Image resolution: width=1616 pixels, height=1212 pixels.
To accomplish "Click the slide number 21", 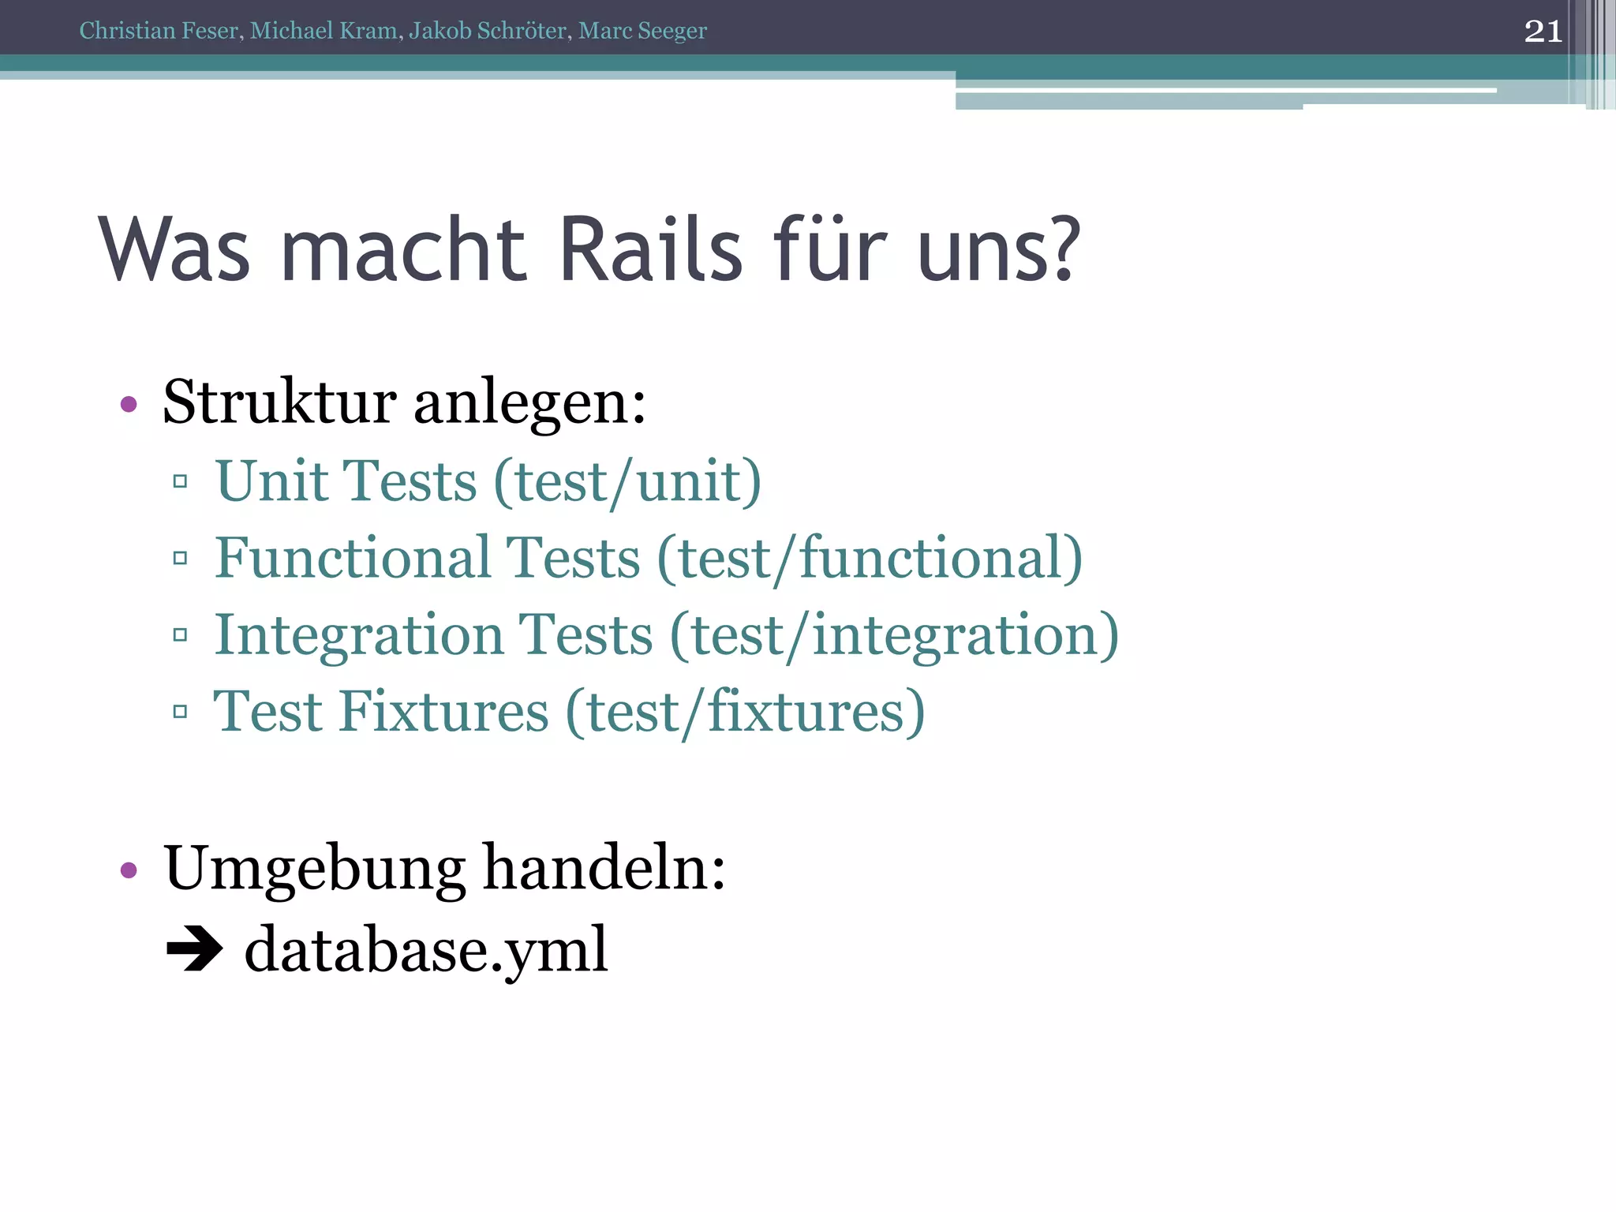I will coord(1543,32).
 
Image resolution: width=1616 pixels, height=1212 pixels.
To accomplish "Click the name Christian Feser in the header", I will coord(159,31).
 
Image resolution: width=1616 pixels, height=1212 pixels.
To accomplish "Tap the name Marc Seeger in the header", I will coord(642,31).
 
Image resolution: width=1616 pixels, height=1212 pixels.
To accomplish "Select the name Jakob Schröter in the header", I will coord(487,31).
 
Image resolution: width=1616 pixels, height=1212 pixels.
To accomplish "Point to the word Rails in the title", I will coord(651,249).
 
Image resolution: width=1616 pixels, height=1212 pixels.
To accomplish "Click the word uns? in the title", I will coord(998,249).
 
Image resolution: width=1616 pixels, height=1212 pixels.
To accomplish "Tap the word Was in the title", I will coord(174,249).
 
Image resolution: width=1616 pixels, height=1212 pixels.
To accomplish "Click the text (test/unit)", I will coord(627,481).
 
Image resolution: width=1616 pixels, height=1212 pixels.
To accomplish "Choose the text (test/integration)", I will coord(894,635).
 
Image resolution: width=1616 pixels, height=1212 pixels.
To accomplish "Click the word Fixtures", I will coord(443,711).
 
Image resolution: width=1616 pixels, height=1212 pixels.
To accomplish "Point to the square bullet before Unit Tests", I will coord(180,481).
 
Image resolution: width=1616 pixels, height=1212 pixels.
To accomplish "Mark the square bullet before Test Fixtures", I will coord(180,712).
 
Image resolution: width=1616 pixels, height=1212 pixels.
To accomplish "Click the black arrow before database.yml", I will coord(194,949).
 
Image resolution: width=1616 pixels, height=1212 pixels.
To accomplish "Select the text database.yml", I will coord(426,949).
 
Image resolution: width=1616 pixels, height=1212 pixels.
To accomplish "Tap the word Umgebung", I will coord(314,868).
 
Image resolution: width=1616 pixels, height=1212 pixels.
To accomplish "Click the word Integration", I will coord(359,634).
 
